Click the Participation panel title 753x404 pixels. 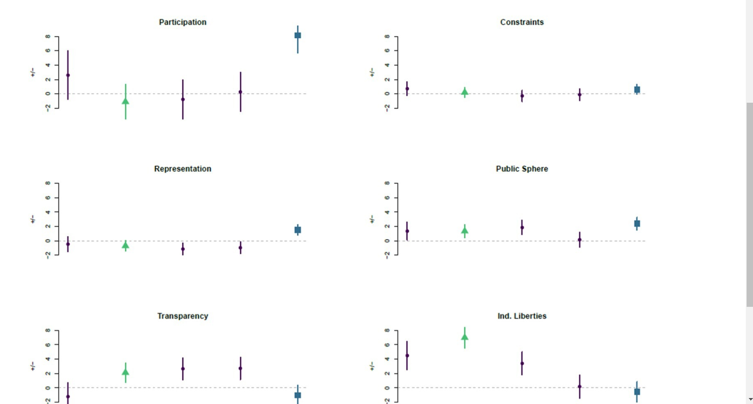183,22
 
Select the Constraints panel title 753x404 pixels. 522,22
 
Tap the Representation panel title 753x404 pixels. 183,169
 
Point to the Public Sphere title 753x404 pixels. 522,169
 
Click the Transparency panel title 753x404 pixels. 183,316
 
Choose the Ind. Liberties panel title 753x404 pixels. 522,316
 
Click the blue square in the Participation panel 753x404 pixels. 298,35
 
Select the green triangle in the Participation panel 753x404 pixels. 126,101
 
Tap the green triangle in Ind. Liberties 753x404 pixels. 465,337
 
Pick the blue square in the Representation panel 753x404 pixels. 298,230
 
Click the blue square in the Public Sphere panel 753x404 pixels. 637,224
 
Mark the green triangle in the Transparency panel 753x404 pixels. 126,372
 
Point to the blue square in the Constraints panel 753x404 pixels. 637,90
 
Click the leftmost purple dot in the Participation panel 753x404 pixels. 68,75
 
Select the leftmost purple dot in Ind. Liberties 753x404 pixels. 407,356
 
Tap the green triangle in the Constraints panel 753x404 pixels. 465,92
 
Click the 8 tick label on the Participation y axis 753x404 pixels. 48,36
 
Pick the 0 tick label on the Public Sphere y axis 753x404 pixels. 387,241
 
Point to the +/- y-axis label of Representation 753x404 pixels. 33,219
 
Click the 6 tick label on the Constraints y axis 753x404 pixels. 387,50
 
